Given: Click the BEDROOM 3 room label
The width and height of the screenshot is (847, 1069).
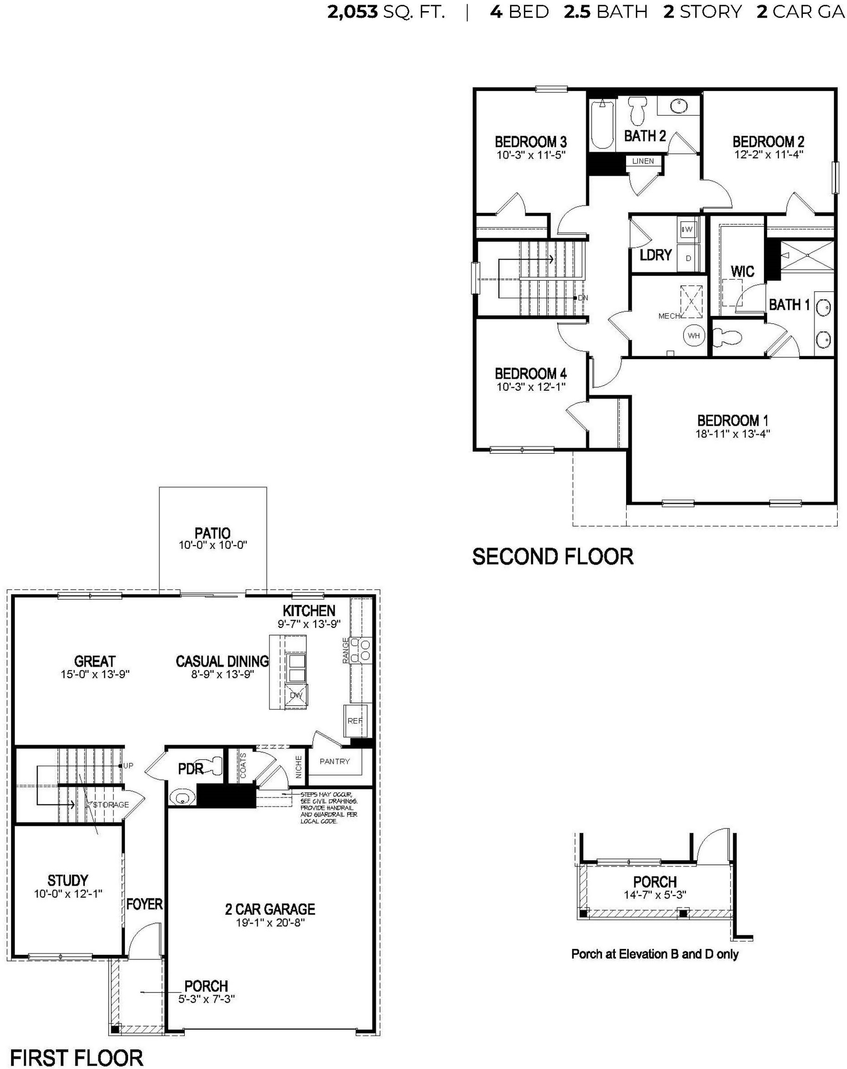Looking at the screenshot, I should (530, 142).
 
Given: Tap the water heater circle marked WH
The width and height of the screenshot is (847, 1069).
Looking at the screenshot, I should (693, 335).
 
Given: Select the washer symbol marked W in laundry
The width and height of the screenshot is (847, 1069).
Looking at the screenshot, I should (688, 230).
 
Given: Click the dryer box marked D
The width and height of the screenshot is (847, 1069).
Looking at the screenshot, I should (688, 258).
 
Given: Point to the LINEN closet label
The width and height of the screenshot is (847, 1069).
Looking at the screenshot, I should (643, 161).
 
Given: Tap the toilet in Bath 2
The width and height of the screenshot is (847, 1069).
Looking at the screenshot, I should (637, 110).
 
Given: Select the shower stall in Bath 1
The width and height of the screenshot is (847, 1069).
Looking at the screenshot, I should (807, 256).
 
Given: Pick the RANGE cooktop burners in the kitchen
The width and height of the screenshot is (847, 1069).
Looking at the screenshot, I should (361, 650).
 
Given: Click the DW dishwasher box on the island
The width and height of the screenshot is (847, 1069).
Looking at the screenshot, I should (296, 695).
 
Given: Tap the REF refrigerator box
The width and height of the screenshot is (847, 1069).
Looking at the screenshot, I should (355, 721).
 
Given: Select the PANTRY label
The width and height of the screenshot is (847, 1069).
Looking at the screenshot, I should (335, 761).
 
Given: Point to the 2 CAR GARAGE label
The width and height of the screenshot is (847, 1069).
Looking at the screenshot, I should (270, 909).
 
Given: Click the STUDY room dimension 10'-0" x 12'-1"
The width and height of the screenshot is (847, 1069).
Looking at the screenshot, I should (68, 894).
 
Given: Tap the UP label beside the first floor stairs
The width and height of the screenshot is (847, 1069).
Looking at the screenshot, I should (129, 766).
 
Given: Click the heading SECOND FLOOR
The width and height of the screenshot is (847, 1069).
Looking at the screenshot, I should (552, 557).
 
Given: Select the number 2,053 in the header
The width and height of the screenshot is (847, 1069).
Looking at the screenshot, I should (352, 12).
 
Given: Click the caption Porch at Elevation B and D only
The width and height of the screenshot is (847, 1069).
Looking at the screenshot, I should (654, 954).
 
